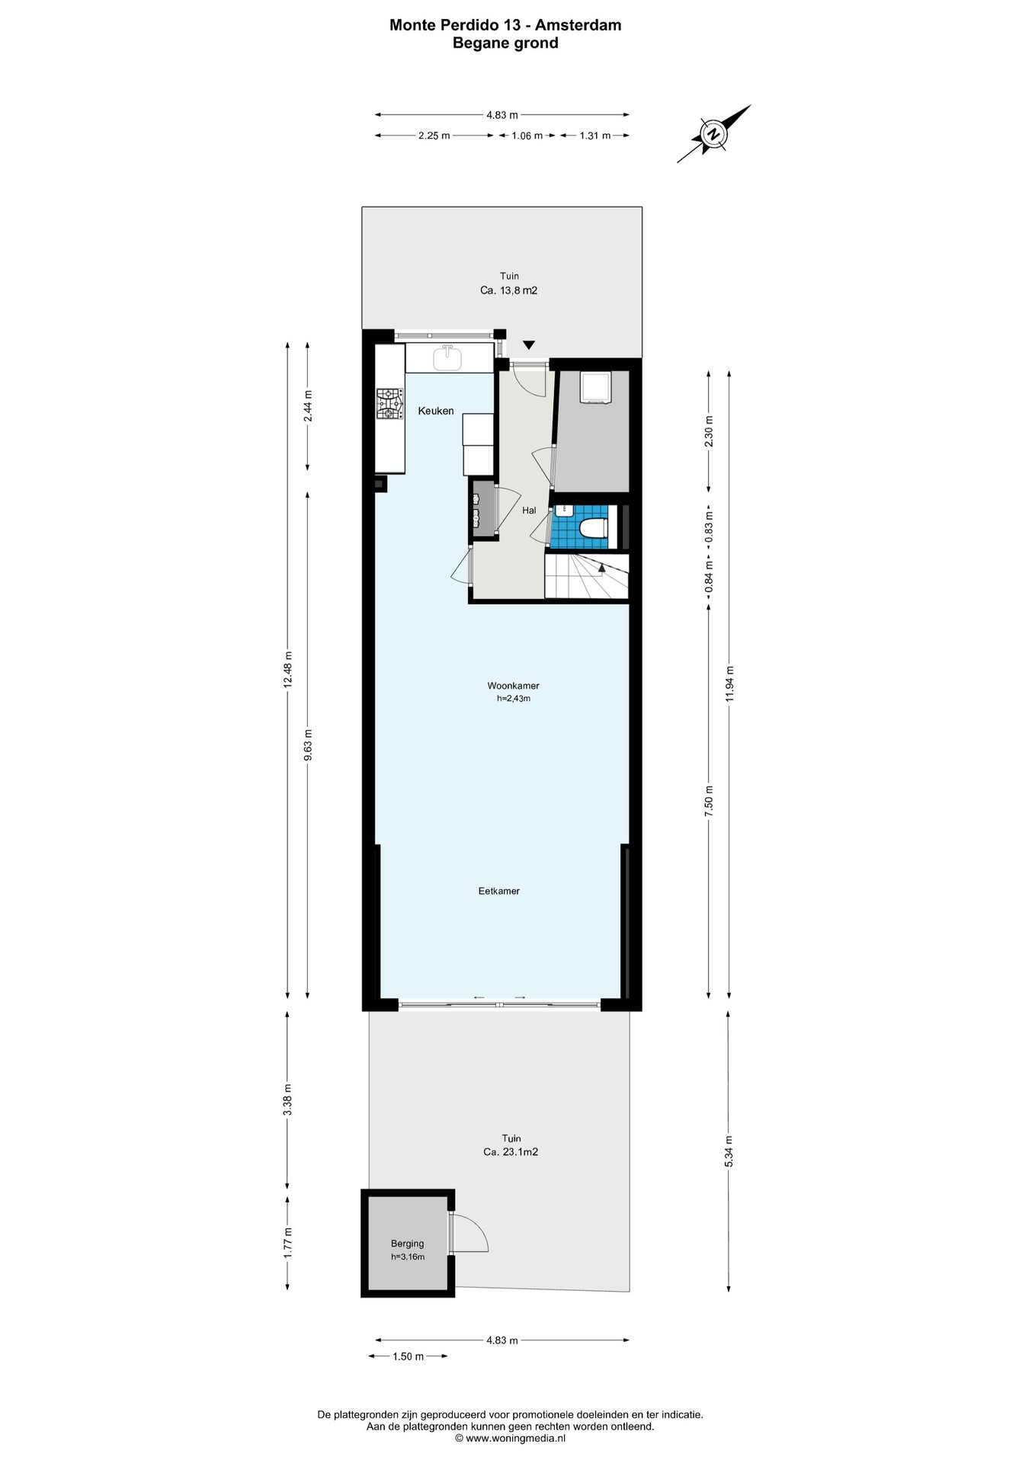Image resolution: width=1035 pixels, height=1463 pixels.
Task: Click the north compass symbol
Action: coord(714,134)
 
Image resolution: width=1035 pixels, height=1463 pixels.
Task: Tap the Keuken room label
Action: coord(436,411)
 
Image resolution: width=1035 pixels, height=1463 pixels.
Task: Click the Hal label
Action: coord(529,511)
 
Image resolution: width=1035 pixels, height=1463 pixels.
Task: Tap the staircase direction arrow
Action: coord(601,566)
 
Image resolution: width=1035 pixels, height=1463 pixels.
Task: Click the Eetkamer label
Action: coord(499,891)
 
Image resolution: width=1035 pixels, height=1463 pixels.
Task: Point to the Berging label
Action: coord(407,1244)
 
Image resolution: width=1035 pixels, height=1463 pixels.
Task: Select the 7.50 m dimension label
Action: coord(710,802)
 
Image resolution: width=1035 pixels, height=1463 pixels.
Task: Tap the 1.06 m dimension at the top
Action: coord(527,136)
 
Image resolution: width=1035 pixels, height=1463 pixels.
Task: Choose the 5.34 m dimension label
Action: coord(729,1151)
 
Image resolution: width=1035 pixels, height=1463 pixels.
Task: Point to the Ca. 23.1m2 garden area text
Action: coord(511,1153)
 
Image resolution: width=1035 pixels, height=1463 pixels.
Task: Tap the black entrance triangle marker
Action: coord(529,345)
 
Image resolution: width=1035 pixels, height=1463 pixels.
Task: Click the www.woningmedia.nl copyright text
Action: coord(510,1439)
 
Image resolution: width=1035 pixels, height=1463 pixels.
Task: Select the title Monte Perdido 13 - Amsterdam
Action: coord(505,25)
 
